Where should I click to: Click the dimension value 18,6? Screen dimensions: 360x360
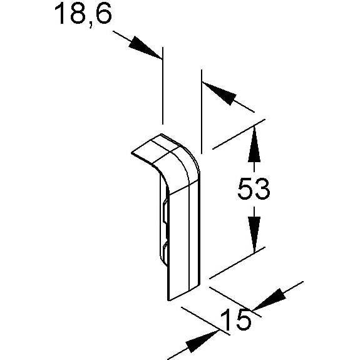tap(83, 14)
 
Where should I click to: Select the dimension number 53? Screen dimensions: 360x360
tap(254, 189)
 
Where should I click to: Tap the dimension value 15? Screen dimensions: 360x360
tap(235, 319)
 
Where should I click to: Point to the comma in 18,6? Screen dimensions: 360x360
tap(91, 24)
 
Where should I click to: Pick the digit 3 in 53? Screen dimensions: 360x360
tap(262, 189)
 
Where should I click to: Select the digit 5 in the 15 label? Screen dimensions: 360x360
tap(244, 319)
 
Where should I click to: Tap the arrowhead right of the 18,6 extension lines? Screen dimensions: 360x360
tap(219, 93)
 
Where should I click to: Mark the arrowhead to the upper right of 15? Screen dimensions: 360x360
tap(269, 299)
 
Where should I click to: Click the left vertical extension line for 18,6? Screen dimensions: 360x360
tap(163, 85)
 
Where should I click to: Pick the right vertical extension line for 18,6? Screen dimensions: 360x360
tap(202, 111)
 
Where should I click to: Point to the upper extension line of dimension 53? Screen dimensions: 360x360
tap(239, 135)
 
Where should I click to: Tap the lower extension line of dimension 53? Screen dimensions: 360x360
tap(237, 263)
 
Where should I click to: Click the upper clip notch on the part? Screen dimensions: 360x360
tap(164, 211)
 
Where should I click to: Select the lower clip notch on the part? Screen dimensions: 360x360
tap(164, 255)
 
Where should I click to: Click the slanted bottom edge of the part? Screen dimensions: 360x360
tap(184, 293)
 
